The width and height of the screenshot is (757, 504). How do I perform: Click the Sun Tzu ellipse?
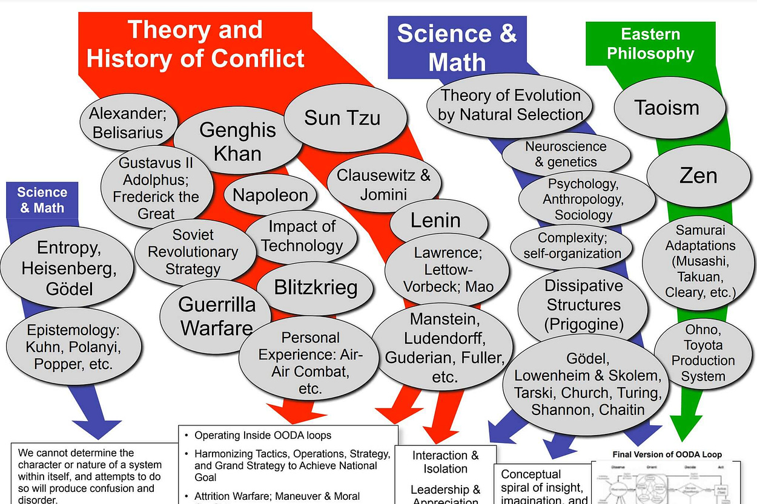(x=343, y=117)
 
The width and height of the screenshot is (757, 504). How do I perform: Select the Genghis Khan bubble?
(x=238, y=141)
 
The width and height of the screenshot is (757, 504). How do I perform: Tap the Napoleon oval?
(x=270, y=195)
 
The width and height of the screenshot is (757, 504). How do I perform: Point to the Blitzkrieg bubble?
(x=316, y=287)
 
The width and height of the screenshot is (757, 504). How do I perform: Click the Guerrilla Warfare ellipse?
(x=216, y=316)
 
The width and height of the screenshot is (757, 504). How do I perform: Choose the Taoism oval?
(x=667, y=108)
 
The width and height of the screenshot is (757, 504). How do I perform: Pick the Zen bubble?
(x=698, y=175)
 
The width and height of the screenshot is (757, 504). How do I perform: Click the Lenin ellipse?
(x=436, y=221)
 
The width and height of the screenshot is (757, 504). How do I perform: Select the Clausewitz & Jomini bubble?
(x=383, y=185)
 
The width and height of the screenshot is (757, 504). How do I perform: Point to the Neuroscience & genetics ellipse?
(x=566, y=154)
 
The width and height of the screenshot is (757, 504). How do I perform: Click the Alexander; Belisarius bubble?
(x=128, y=122)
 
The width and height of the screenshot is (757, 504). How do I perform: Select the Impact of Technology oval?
(x=302, y=236)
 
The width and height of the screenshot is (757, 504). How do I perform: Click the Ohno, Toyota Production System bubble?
(x=702, y=353)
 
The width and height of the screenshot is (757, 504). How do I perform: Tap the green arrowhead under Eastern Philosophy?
(x=686, y=426)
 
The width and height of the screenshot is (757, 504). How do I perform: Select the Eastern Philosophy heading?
(x=650, y=44)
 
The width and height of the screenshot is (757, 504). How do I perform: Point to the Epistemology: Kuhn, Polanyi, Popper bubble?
(x=73, y=347)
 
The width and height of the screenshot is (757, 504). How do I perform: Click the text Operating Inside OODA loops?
(x=263, y=435)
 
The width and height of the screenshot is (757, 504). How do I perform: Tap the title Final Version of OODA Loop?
(x=667, y=454)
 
